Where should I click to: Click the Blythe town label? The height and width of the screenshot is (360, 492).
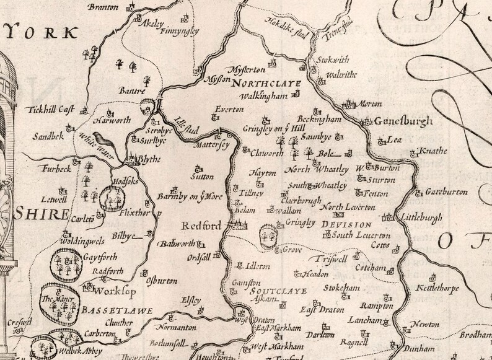(x=147, y=159)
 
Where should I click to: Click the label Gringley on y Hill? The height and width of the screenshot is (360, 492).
(x=275, y=129)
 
